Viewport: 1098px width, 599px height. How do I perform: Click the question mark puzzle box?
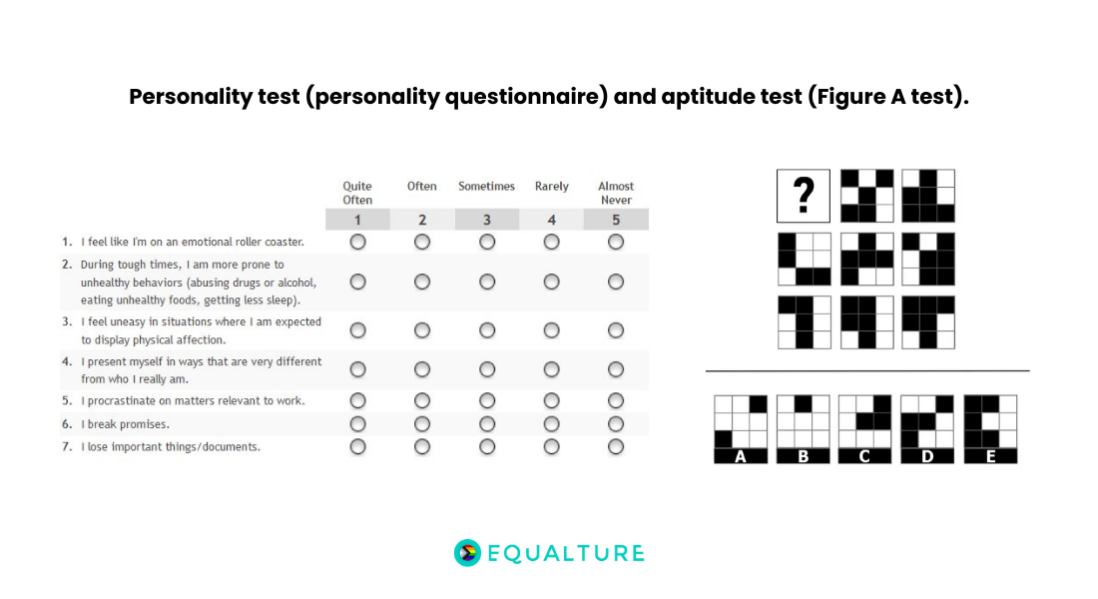tap(804, 196)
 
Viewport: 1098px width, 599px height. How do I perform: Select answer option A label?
tap(741, 456)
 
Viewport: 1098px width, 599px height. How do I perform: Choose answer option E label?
tap(990, 456)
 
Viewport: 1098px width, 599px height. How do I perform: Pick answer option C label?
tap(864, 456)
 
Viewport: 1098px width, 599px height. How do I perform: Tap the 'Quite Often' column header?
tap(357, 193)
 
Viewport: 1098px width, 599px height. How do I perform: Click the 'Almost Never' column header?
tap(616, 193)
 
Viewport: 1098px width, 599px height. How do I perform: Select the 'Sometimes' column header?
tap(486, 187)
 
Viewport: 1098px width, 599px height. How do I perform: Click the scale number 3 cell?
tap(487, 220)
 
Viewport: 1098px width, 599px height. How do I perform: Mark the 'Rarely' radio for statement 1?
tap(552, 242)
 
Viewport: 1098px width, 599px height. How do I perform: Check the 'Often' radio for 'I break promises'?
tap(422, 424)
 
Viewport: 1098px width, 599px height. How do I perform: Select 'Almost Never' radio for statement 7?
tap(616, 446)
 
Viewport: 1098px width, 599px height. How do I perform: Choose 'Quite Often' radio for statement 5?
tap(357, 400)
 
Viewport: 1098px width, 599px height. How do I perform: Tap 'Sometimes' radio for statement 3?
tap(487, 330)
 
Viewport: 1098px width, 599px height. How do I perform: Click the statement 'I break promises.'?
tap(125, 424)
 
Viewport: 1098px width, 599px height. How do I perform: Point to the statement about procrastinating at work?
tap(193, 400)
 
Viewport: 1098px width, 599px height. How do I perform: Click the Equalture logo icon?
tap(467, 553)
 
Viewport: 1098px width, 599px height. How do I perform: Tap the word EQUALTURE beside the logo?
tap(566, 553)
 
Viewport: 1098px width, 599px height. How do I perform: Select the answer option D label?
tap(927, 456)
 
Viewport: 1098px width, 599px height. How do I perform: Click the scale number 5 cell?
tap(616, 220)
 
